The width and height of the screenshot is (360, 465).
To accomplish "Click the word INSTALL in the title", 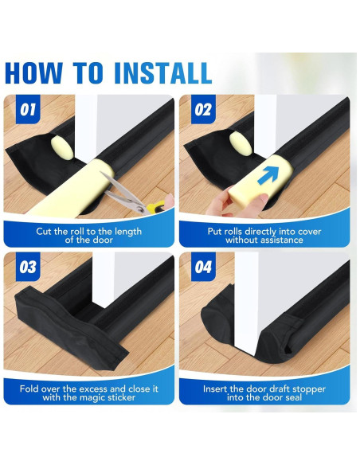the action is click(162, 73).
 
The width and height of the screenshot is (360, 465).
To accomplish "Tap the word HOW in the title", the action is click(33, 73).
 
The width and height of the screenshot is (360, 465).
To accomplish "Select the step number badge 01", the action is click(28, 109).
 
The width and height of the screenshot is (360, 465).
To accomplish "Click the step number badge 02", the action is click(203, 109).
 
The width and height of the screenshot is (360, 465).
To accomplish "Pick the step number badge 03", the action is click(28, 267).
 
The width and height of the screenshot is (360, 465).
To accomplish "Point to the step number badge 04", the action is click(203, 267).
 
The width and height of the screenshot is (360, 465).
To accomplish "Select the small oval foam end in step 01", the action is click(62, 148).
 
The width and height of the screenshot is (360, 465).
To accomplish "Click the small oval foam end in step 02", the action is click(241, 143).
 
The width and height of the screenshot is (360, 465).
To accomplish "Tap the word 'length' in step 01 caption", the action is click(127, 231).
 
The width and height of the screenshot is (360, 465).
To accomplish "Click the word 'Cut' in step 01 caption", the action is click(43, 231).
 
